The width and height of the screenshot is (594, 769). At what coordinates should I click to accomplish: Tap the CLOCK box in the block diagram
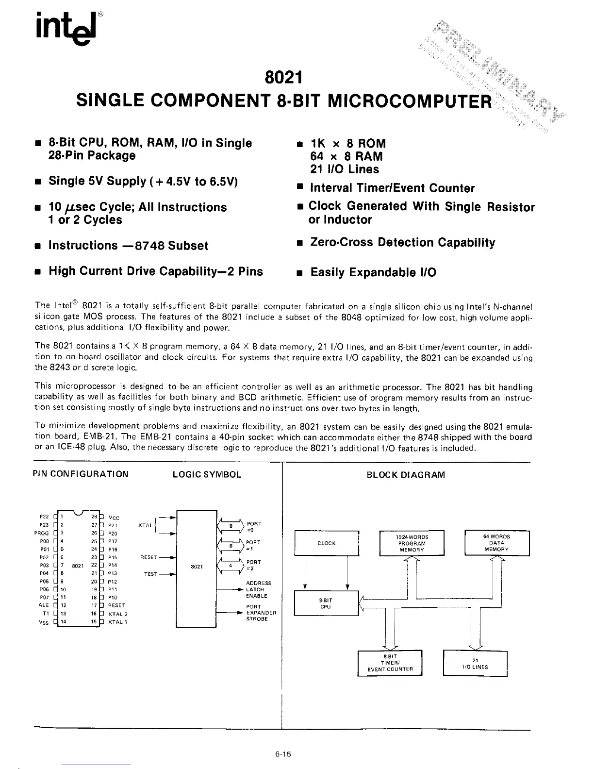[x=327, y=543]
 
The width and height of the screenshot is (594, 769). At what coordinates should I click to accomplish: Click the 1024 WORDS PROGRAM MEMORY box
[x=412, y=543]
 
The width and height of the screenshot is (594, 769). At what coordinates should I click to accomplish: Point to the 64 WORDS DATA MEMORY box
[x=496, y=543]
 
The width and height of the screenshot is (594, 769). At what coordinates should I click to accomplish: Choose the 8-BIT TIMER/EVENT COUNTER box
[x=390, y=663]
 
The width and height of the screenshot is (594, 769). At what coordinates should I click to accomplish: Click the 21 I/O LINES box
[x=475, y=663]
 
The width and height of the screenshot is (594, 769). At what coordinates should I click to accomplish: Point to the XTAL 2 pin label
[x=118, y=614]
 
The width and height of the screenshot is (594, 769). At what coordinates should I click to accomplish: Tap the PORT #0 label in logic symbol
[x=254, y=527]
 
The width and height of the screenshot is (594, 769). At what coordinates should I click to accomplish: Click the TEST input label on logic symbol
[x=150, y=574]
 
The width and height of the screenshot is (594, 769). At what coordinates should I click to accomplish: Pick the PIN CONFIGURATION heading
[x=81, y=474]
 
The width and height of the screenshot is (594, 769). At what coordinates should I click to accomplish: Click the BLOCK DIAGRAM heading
[x=406, y=475]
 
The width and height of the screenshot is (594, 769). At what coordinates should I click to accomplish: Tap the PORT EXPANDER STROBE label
[x=261, y=613]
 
